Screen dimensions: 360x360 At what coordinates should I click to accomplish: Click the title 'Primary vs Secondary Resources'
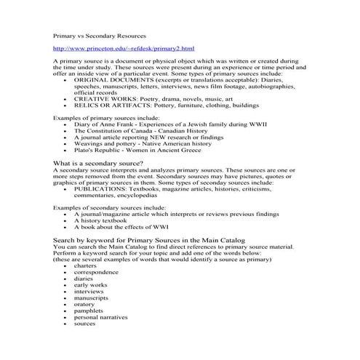pos(100,35)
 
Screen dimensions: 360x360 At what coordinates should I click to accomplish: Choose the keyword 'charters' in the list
pos(85,266)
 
